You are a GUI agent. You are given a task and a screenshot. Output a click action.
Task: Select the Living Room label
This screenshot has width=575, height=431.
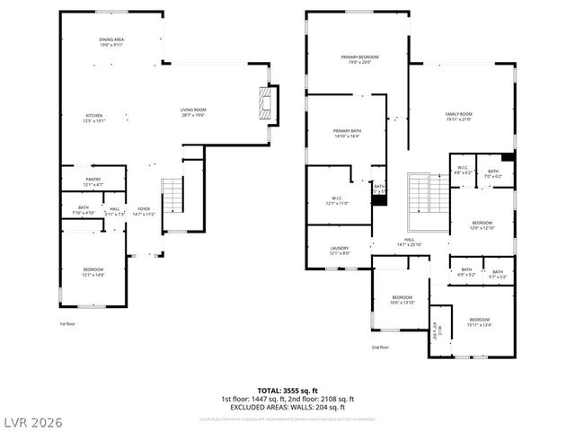193,112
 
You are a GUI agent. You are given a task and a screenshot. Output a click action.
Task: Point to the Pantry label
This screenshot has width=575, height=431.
93,181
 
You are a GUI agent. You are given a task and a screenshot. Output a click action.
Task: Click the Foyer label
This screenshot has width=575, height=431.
144,211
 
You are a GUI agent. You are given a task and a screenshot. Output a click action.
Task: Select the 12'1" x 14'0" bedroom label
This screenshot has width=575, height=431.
93,272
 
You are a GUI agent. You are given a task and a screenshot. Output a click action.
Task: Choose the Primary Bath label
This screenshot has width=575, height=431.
346,134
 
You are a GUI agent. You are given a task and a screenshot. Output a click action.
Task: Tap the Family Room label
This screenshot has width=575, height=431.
459,117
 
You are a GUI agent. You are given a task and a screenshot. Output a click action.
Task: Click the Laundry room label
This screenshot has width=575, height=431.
339,251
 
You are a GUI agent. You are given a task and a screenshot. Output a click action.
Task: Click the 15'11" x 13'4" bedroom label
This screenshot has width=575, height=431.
477,322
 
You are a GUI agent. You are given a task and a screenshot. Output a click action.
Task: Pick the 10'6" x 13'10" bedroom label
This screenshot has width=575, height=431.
402,300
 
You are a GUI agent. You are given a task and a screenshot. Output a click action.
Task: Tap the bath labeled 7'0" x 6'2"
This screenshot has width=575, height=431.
493,173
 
